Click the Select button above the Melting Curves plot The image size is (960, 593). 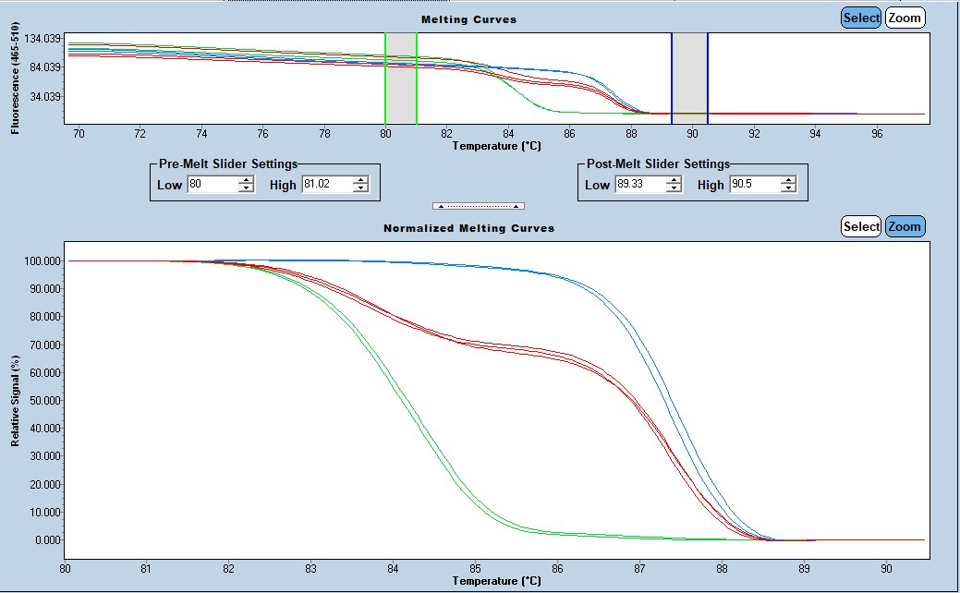coord(861,18)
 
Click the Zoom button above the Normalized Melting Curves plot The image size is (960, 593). coord(905,226)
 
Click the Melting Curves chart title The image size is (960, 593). coord(468,19)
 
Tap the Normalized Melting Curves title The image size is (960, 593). coord(468,227)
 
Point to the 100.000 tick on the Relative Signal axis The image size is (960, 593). coord(43,261)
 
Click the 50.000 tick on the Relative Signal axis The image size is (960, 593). coord(45,401)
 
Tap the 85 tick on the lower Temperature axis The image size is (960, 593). coord(475,568)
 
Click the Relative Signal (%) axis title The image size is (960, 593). coord(16,400)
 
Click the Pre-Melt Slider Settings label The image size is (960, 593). coord(228,163)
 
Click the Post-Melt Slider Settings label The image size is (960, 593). coord(658,163)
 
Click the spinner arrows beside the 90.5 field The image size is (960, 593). coord(788,185)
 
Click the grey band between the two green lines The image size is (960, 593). coord(401,78)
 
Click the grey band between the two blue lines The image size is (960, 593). coord(689,78)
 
